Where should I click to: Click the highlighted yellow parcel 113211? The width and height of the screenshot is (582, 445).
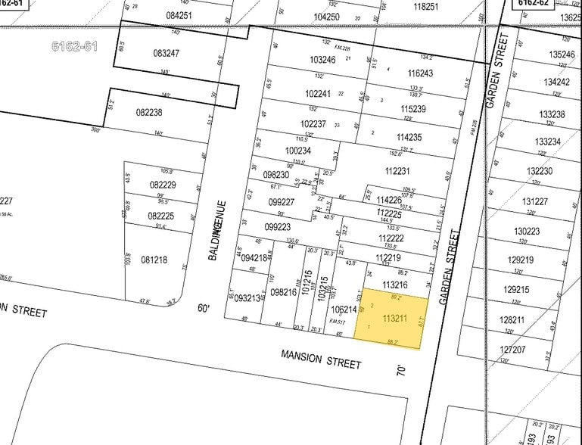pos(394,318)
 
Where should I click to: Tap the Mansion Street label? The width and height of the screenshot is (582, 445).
pos(321,359)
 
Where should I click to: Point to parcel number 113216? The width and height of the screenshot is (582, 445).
pos(395,285)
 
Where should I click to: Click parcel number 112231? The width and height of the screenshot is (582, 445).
pos(397,171)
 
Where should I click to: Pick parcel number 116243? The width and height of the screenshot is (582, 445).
pos(420,73)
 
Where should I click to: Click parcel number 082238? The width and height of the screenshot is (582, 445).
pos(149,112)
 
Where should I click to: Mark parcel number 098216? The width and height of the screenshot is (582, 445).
pos(283,292)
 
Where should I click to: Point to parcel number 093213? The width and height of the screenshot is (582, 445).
pos(246,297)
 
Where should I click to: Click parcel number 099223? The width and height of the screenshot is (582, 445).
pos(279,227)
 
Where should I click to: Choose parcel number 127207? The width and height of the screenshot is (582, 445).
pos(512,350)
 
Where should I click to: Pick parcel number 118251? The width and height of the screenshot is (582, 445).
pos(426,6)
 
